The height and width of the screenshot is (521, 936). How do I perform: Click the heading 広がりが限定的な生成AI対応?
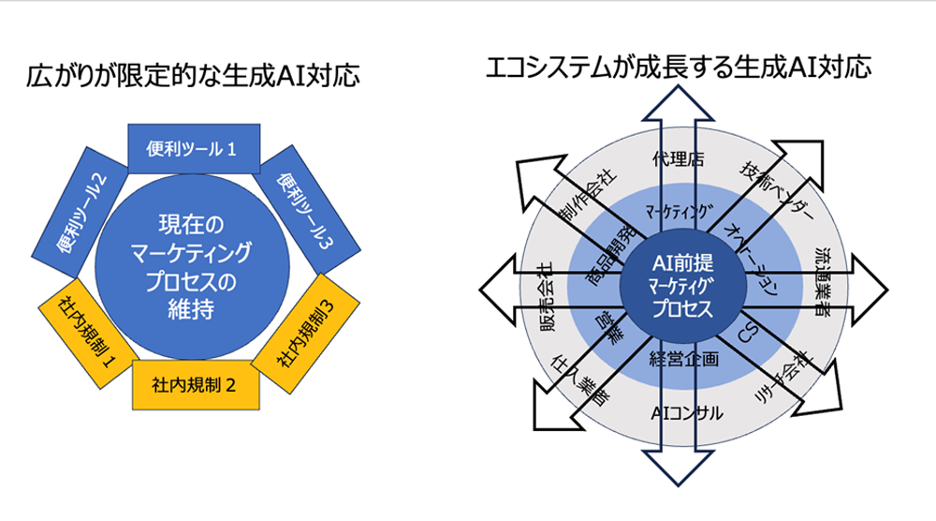[x=193, y=76]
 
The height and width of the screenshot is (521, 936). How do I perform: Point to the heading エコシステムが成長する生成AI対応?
[x=679, y=67]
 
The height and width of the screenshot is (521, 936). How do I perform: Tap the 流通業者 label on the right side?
[x=827, y=282]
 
